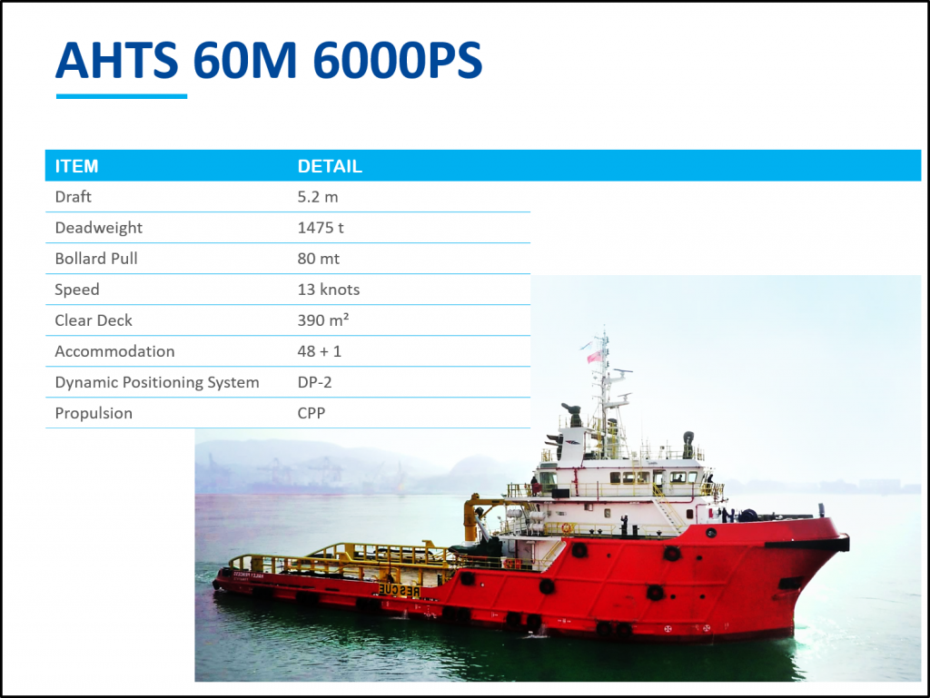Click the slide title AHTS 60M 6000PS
point(269,60)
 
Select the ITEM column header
point(76,166)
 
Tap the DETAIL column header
point(330,166)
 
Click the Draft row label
point(73,197)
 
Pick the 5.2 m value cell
point(318,197)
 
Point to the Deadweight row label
point(98,228)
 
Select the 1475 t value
point(321,228)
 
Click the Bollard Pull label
point(96,259)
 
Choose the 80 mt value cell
point(319,259)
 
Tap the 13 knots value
point(329,290)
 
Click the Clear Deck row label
point(94,320)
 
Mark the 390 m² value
point(323,320)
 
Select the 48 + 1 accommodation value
point(320,351)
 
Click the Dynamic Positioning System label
point(157,382)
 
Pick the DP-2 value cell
point(314,382)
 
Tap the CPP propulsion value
point(312,413)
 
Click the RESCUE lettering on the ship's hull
point(400,590)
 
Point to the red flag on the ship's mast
point(594,357)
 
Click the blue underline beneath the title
point(122,96)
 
